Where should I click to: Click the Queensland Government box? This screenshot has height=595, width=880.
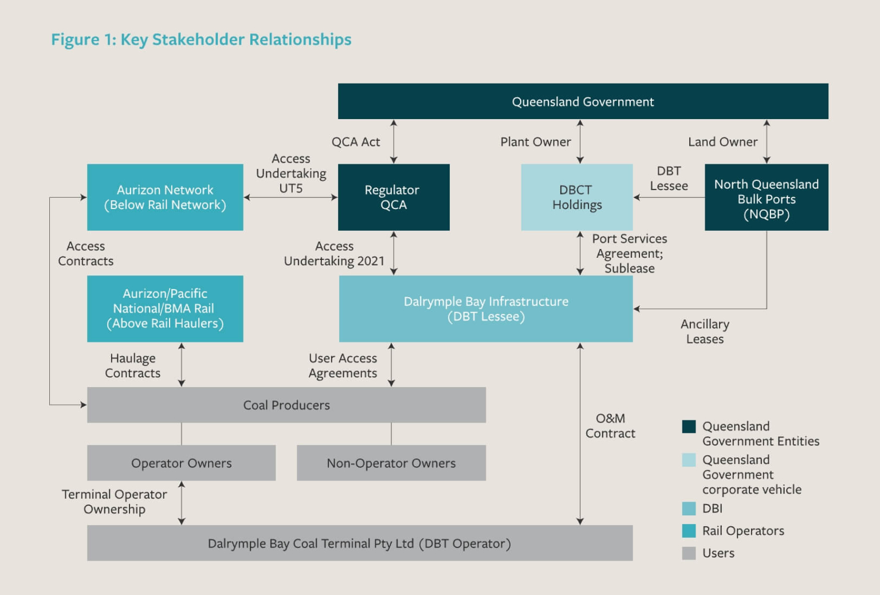tap(583, 101)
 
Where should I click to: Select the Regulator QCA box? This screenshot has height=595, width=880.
tap(394, 197)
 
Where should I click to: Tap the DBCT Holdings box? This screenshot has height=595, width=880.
tap(576, 197)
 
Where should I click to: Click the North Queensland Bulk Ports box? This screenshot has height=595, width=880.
tap(766, 197)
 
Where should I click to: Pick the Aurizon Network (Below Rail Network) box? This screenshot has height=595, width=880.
tap(165, 197)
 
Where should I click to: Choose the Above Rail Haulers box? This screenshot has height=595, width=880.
tap(165, 309)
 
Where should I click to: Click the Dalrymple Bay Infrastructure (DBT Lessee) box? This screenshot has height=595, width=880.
tap(486, 309)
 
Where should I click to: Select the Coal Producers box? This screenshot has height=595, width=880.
tap(286, 405)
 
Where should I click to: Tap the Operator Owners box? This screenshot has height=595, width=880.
tap(181, 463)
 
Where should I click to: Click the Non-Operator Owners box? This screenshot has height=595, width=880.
tap(391, 463)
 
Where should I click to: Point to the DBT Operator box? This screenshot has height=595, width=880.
tap(360, 543)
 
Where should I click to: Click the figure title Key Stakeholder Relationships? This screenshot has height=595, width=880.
tap(201, 40)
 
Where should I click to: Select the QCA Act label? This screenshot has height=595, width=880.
tap(356, 142)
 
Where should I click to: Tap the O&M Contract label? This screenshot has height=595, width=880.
tap(610, 426)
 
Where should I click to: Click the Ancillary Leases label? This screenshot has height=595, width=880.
tap(705, 332)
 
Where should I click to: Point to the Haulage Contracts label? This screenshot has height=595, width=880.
tap(133, 365)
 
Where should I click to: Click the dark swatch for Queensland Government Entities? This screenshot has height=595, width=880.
tap(689, 427)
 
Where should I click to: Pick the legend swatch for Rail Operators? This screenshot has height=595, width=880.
tap(689, 531)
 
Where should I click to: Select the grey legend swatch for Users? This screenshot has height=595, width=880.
tap(689, 553)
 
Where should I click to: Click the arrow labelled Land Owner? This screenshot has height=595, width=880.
tap(767, 141)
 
